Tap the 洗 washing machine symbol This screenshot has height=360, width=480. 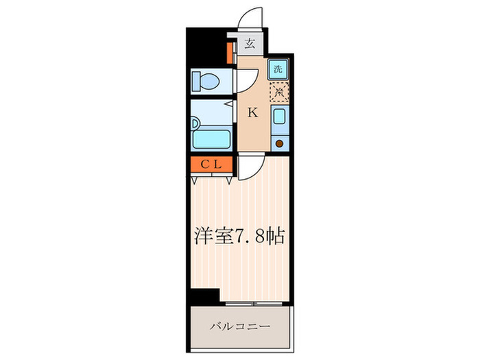[278, 69]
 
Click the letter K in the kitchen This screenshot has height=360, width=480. [252, 113]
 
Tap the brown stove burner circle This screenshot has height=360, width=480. [278, 143]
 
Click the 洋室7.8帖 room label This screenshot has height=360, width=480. [239, 237]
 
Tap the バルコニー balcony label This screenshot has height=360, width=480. [239, 326]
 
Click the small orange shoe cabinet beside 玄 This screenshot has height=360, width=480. [232, 53]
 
